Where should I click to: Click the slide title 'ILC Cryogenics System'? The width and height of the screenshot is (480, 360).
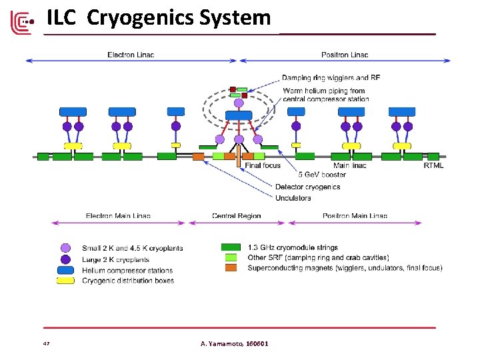pos(159,18)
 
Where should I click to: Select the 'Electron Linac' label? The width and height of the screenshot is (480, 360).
pos(131,54)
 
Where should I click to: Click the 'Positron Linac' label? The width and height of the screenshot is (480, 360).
pos(345,54)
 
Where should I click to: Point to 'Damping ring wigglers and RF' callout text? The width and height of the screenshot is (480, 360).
pos(331,78)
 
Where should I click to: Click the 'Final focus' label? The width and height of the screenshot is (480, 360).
pos(263,165)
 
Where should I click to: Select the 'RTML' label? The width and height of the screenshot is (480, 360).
pos(433,165)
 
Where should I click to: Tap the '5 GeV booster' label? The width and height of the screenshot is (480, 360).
pos(301,176)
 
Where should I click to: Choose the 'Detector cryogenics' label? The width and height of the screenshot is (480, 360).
pos(307,187)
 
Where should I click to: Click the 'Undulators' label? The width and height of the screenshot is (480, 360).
pos(293,197)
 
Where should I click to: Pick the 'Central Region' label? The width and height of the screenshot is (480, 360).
pos(237,215)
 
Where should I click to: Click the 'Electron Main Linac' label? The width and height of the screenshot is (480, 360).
pos(118,215)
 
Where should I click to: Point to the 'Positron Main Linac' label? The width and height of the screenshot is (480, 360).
pos(355,215)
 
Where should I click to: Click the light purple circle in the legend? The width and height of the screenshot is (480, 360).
pos(65,248)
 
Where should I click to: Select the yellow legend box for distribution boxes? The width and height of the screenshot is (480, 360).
pos(65,281)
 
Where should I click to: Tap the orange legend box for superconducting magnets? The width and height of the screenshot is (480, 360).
pos(231,268)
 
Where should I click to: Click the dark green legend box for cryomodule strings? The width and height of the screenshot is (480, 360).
pos(231,247)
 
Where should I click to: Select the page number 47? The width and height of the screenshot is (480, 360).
pos(46,343)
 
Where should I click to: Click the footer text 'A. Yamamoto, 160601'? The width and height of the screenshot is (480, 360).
pos(235,343)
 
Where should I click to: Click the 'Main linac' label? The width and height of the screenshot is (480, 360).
pos(349,165)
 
